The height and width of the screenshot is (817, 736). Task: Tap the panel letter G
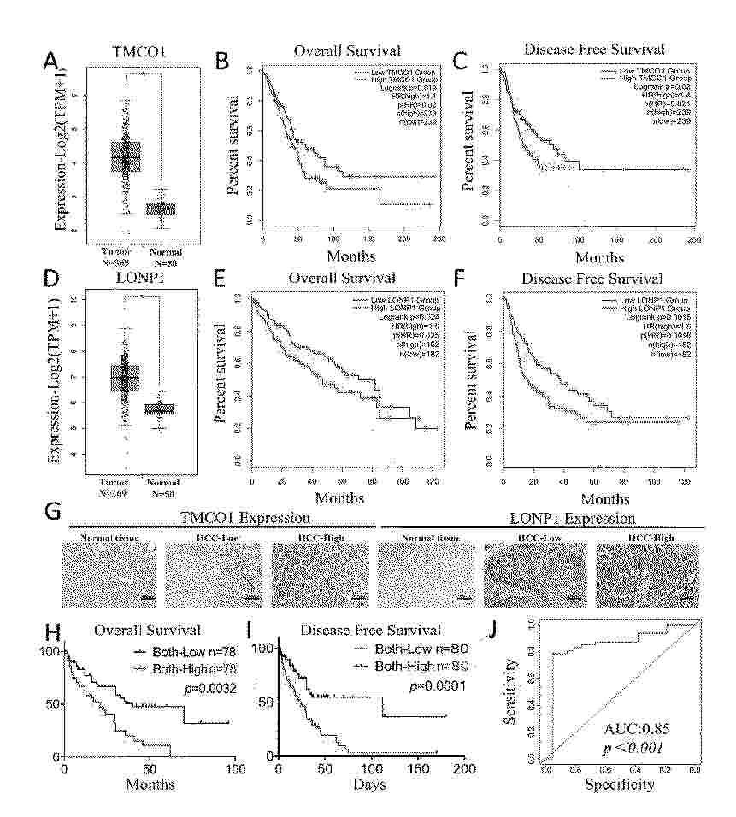(52, 514)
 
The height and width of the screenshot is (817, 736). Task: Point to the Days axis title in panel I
(372, 784)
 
